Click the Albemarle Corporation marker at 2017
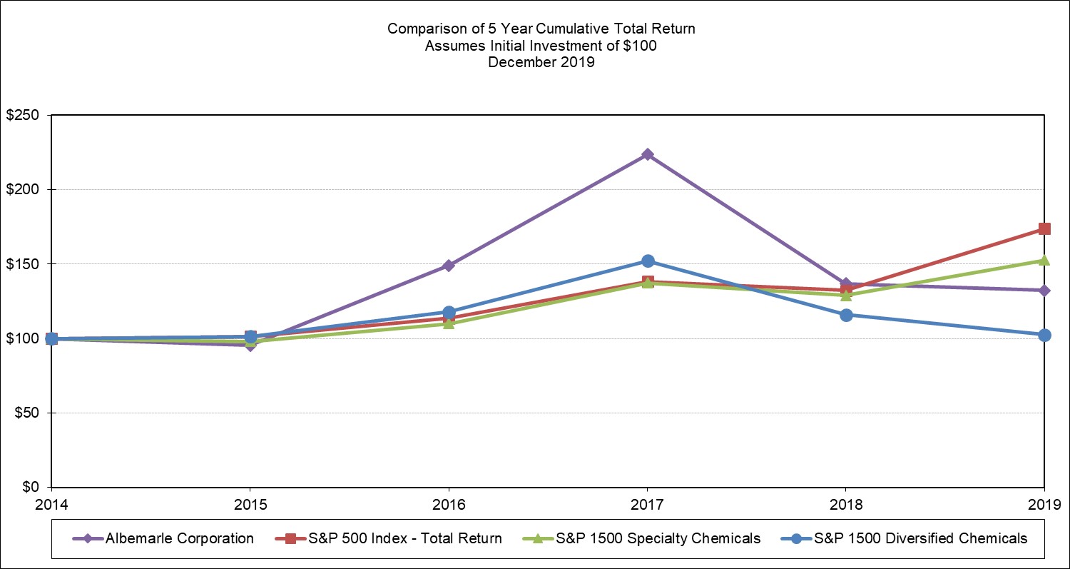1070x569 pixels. tap(647, 154)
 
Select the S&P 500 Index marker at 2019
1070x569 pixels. tap(1044, 228)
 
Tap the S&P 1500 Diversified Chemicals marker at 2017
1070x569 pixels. tap(647, 261)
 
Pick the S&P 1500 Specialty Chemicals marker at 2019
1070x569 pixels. tap(1044, 261)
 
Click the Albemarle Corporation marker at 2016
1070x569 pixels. tap(449, 266)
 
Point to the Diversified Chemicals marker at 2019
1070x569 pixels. tap(1044, 335)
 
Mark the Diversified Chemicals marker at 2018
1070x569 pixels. tap(846, 315)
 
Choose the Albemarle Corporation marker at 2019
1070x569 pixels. tap(1044, 290)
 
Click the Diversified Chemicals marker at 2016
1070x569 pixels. tap(449, 312)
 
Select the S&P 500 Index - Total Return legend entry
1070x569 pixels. tap(399, 538)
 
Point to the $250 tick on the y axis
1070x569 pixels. tap(24, 116)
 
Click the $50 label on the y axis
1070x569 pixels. tap(26, 413)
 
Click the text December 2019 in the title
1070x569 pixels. tap(541, 62)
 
